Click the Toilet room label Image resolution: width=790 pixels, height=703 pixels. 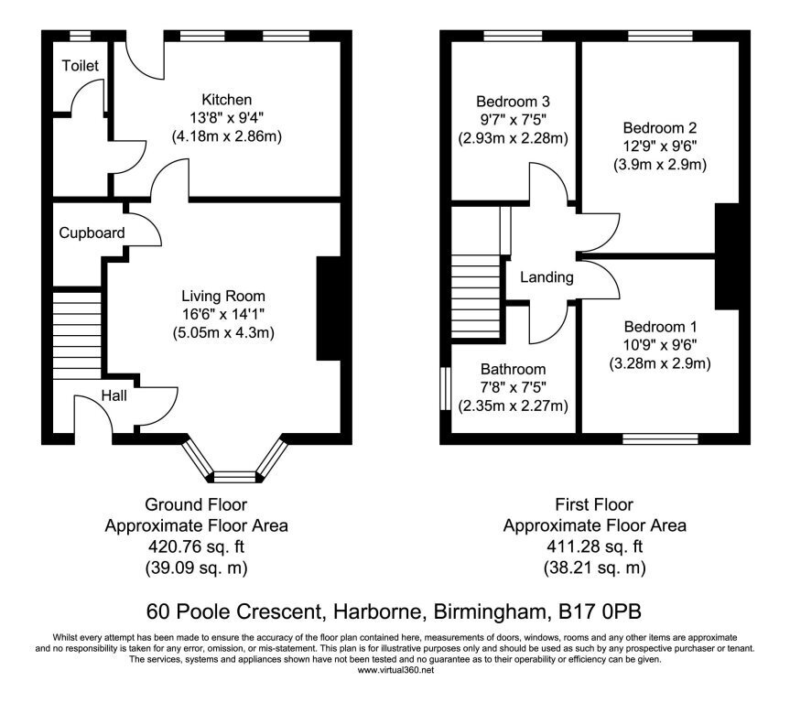click(81, 66)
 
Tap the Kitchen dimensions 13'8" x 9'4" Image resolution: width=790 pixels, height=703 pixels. click(227, 118)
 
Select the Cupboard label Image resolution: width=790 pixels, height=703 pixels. click(92, 233)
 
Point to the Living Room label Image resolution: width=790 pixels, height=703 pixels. click(223, 296)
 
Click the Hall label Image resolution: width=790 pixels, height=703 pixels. click(114, 395)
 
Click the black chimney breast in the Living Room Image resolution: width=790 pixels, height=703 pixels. click(329, 308)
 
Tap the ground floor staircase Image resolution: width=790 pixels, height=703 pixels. click(77, 333)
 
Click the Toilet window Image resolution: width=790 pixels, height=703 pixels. click(81, 36)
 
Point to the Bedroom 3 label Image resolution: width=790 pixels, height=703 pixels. click(513, 102)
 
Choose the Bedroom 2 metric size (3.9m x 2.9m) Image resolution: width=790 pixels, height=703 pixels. click(660, 164)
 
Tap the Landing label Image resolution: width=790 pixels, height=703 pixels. click(547, 277)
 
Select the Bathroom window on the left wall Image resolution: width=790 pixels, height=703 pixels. click(445, 388)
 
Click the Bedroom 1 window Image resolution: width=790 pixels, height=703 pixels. click(661, 439)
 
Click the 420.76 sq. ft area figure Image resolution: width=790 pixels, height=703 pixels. click(197, 546)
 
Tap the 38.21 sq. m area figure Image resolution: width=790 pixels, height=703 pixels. click(595, 568)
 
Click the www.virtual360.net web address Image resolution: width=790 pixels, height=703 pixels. click(395, 670)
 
